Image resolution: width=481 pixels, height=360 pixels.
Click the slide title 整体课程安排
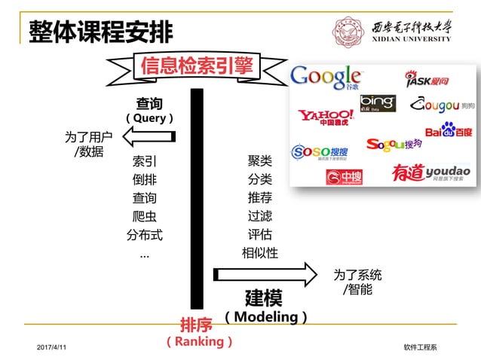(100, 31)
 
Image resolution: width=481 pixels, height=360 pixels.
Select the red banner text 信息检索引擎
(197, 66)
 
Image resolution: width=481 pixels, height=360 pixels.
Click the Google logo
(326, 77)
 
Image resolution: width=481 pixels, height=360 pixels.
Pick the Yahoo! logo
(326, 117)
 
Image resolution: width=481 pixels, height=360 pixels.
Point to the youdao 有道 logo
(431, 172)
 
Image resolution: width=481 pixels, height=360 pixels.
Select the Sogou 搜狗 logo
(394, 144)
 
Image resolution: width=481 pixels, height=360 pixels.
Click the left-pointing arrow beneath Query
(149, 136)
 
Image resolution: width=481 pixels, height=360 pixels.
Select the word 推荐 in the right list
(259, 198)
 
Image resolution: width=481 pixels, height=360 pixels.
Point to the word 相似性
(259, 253)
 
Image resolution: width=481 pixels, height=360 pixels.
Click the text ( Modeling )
(266, 317)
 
